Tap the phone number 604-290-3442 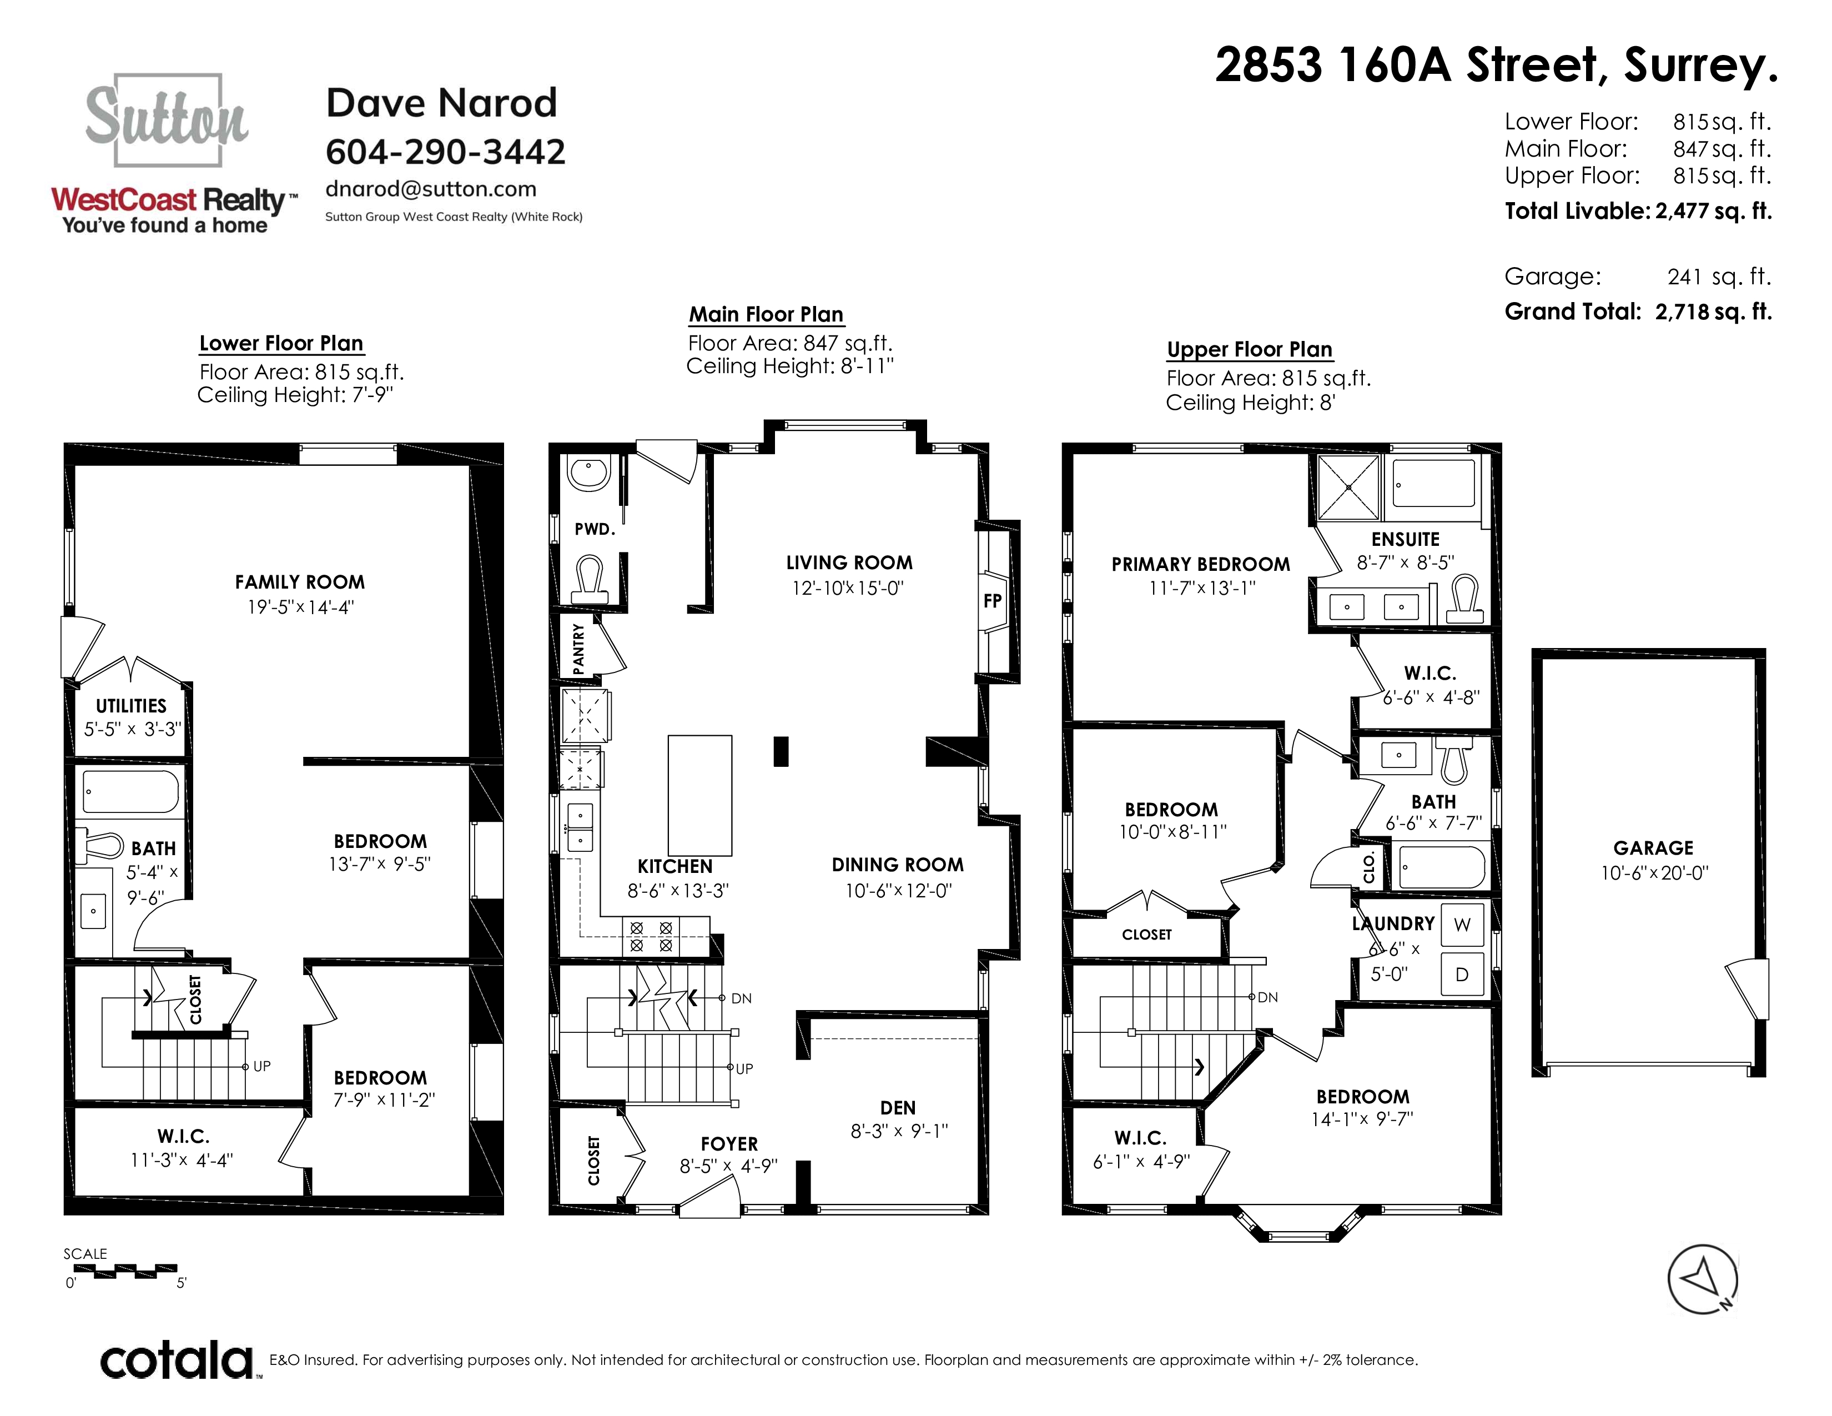445,152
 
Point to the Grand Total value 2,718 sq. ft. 1713,312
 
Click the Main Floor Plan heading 766,314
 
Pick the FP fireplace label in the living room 993,601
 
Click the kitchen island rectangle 699,795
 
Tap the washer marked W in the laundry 1462,925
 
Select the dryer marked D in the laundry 1462,974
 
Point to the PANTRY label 578,649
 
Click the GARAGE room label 1653,848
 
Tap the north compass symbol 1702,1278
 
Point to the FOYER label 729,1144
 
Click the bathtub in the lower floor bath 131,792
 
